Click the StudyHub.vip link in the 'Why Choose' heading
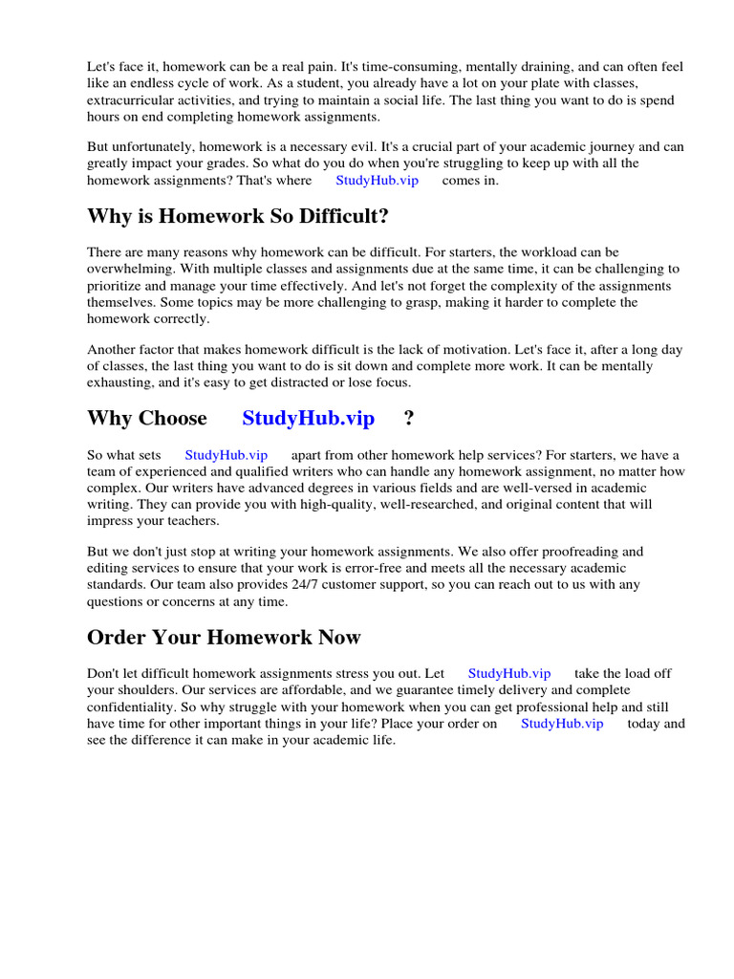click(x=309, y=419)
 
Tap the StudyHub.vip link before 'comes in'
click(x=377, y=180)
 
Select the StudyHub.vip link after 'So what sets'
click(x=226, y=455)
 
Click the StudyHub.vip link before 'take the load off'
click(x=509, y=673)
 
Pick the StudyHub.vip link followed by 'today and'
click(x=562, y=724)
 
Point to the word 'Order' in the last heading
click(x=117, y=638)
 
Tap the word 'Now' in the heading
click(x=340, y=638)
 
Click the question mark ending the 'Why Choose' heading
click(x=409, y=419)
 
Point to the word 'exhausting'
click(x=119, y=382)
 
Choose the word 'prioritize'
click(x=118, y=287)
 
